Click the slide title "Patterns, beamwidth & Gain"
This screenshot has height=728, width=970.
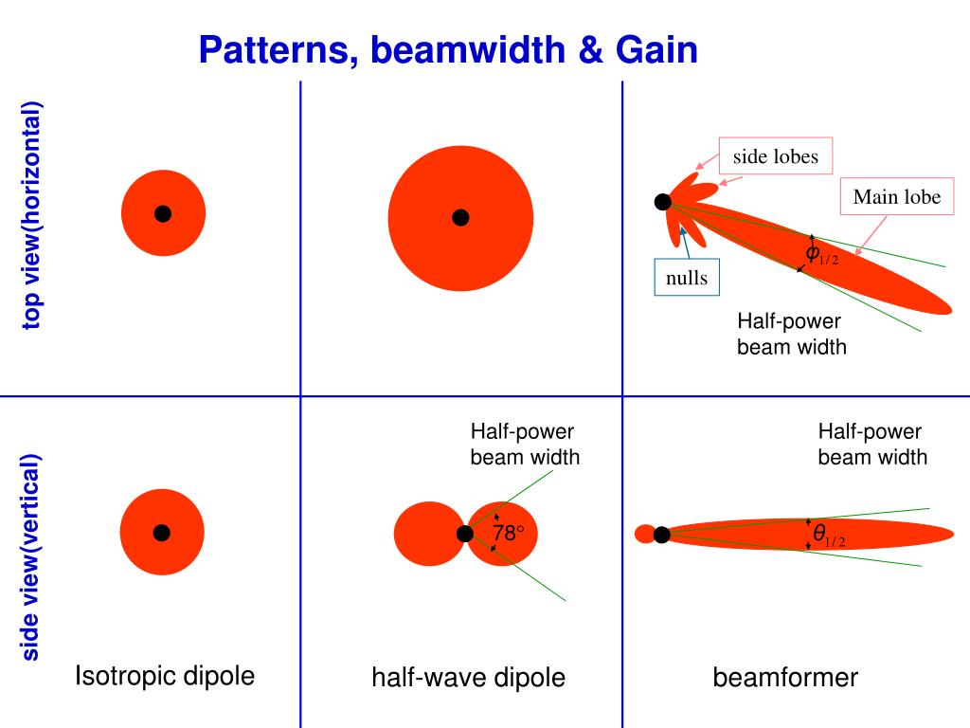pos(448,50)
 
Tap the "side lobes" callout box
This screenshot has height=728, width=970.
pos(775,157)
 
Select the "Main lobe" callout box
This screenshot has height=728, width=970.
pos(896,197)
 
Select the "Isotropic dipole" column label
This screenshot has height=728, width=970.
pos(165,676)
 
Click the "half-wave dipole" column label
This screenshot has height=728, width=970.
pos(468,677)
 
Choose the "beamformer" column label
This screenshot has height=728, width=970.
pos(785,677)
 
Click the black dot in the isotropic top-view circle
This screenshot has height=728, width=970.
pos(163,213)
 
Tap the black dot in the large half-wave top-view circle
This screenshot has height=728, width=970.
pos(460,218)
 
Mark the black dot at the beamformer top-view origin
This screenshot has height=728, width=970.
pos(663,201)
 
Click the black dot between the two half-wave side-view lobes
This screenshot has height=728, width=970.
pos(465,534)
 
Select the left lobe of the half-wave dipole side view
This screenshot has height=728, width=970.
pos(425,534)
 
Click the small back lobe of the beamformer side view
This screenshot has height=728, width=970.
pos(645,534)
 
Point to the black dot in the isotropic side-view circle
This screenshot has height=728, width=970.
pos(162,532)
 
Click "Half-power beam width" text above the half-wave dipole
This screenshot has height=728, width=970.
pos(525,445)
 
